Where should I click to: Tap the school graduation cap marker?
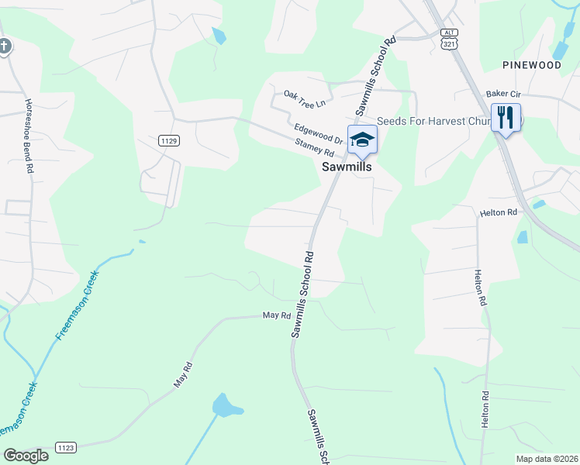[361, 139]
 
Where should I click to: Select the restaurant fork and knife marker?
[506, 119]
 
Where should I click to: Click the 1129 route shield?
[169, 140]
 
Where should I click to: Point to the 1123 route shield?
[66, 447]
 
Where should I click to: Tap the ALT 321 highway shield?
[448, 38]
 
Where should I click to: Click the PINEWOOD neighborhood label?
[531, 65]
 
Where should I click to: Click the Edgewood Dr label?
[318, 133]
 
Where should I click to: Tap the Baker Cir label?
[502, 94]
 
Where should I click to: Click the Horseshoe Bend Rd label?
[29, 135]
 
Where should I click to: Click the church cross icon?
[4, 46]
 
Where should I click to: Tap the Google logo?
[26, 456]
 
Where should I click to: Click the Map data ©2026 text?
[547, 459]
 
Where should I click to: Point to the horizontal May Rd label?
[276, 315]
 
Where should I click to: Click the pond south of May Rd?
[225, 405]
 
